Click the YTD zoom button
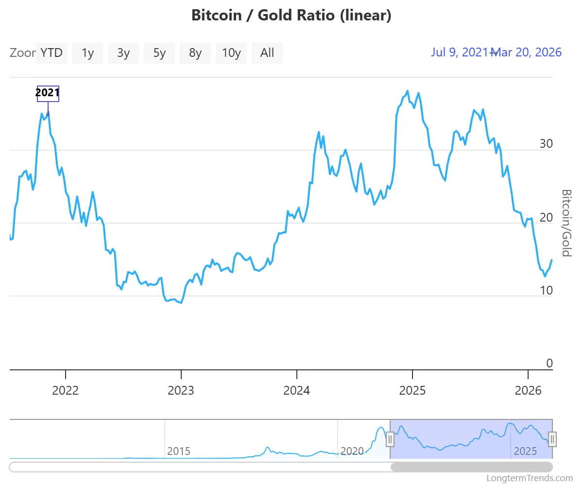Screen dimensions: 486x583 click(51, 53)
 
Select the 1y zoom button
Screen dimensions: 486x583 click(87, 53)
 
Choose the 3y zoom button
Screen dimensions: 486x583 click(123, 53)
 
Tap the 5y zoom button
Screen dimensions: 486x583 click(159, 53)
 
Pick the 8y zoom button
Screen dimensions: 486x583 click(195, 53)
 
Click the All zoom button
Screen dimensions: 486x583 click(267, 53)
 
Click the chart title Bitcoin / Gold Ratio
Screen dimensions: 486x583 click(291, 16)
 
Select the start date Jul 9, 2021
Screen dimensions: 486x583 click(460, 52)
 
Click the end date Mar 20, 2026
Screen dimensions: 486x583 click(528, 52)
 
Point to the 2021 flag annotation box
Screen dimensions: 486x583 click(48, 93)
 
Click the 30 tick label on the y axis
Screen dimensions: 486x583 click(546, 144)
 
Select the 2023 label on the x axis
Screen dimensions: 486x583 click(181, 391)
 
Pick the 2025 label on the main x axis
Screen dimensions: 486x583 click(412, 391)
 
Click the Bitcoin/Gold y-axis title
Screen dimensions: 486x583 click(566, 223)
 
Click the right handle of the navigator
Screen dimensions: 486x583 click(552, 439)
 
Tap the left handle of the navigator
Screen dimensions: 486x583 click(390, 439)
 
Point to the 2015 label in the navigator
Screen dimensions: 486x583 click(179, 451)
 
